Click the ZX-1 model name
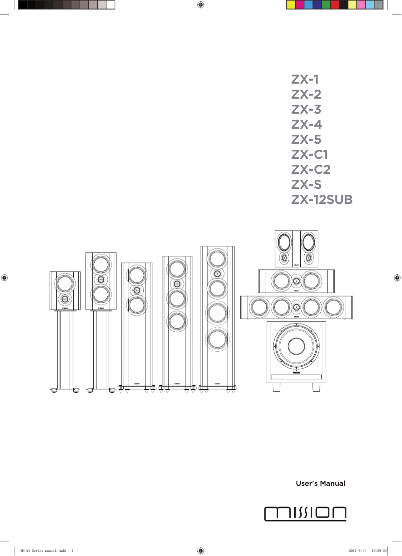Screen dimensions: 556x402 (305, 80)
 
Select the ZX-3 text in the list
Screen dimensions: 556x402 (306, 110)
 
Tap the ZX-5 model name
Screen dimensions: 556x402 (306, 140)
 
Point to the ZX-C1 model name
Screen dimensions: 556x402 (310, 155)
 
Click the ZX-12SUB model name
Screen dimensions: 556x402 (322, 200)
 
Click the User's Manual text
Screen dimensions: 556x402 (321, 484)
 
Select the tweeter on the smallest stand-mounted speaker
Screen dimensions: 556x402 (65, 299)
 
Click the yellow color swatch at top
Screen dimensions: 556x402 (290, 5)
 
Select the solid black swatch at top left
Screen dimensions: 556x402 (22, 5)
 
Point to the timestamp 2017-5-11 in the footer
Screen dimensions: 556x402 (357, 550)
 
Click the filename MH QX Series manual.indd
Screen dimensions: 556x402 (43, 550)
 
